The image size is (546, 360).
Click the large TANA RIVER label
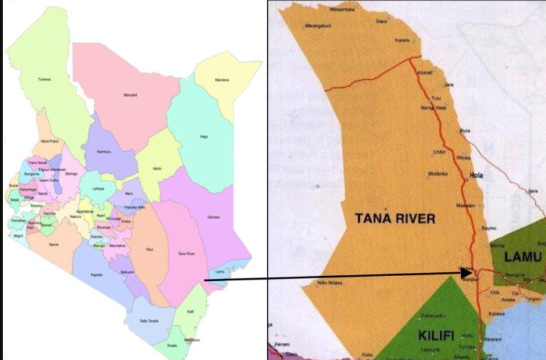tap(395, 218)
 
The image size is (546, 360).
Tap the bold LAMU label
tap(523, 257)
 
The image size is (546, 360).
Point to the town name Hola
tap(475, 175)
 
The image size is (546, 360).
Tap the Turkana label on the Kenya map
tap(45, 79)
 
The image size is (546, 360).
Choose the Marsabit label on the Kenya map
tap(130, 95)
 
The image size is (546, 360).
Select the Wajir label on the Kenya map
tap(203, 137)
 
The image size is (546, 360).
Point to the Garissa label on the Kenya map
tap(212, 217)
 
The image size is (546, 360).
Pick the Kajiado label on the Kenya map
tap(97, 274)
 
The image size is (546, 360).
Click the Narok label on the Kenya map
tap(54, 244)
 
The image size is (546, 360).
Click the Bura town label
tap(465, 130)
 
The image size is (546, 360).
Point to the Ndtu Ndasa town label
tap(330, 282)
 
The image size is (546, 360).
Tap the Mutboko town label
tap(437, 173)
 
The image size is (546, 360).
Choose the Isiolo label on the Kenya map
tap(157, 168)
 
